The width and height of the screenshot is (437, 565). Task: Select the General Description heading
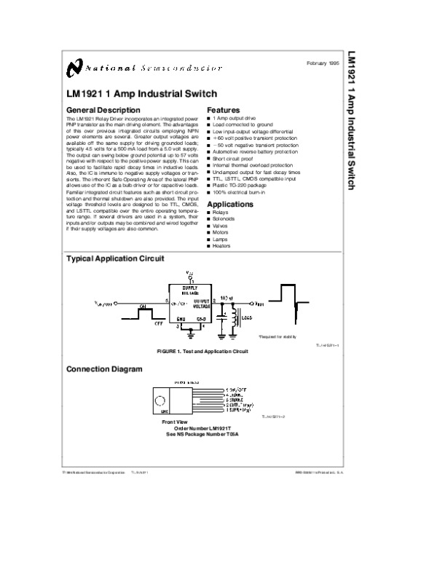[x=103, y=110]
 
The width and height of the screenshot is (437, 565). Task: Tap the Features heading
[x=224, y=110]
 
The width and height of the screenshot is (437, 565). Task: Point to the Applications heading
[x=230, y=205]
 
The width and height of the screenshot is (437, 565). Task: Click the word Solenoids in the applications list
[x=224, y=218]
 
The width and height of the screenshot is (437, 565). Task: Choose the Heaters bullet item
[x=221, y=246]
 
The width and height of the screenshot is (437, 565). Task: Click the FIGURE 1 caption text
[x=202, y=351]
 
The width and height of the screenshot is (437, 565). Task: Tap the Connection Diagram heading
[x=104, y=369]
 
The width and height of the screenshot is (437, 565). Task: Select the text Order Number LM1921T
[x=211, y=427]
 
